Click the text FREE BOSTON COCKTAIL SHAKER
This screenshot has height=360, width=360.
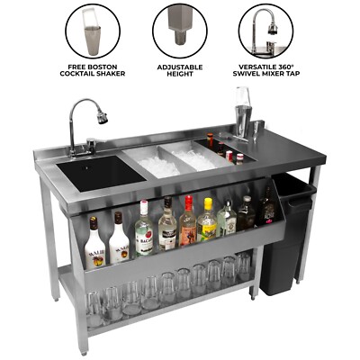coord(92,71)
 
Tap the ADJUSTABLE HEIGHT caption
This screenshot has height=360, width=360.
coord(179,71)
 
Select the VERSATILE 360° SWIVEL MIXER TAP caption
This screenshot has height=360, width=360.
coord(265,71)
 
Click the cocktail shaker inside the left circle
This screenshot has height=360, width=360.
coord(91,31)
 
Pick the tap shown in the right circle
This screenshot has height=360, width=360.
coord(262,30)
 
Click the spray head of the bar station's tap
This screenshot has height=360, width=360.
coord(103,117)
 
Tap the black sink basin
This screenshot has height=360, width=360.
coord(96,172)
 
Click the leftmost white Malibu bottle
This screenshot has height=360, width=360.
coord(94,246)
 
